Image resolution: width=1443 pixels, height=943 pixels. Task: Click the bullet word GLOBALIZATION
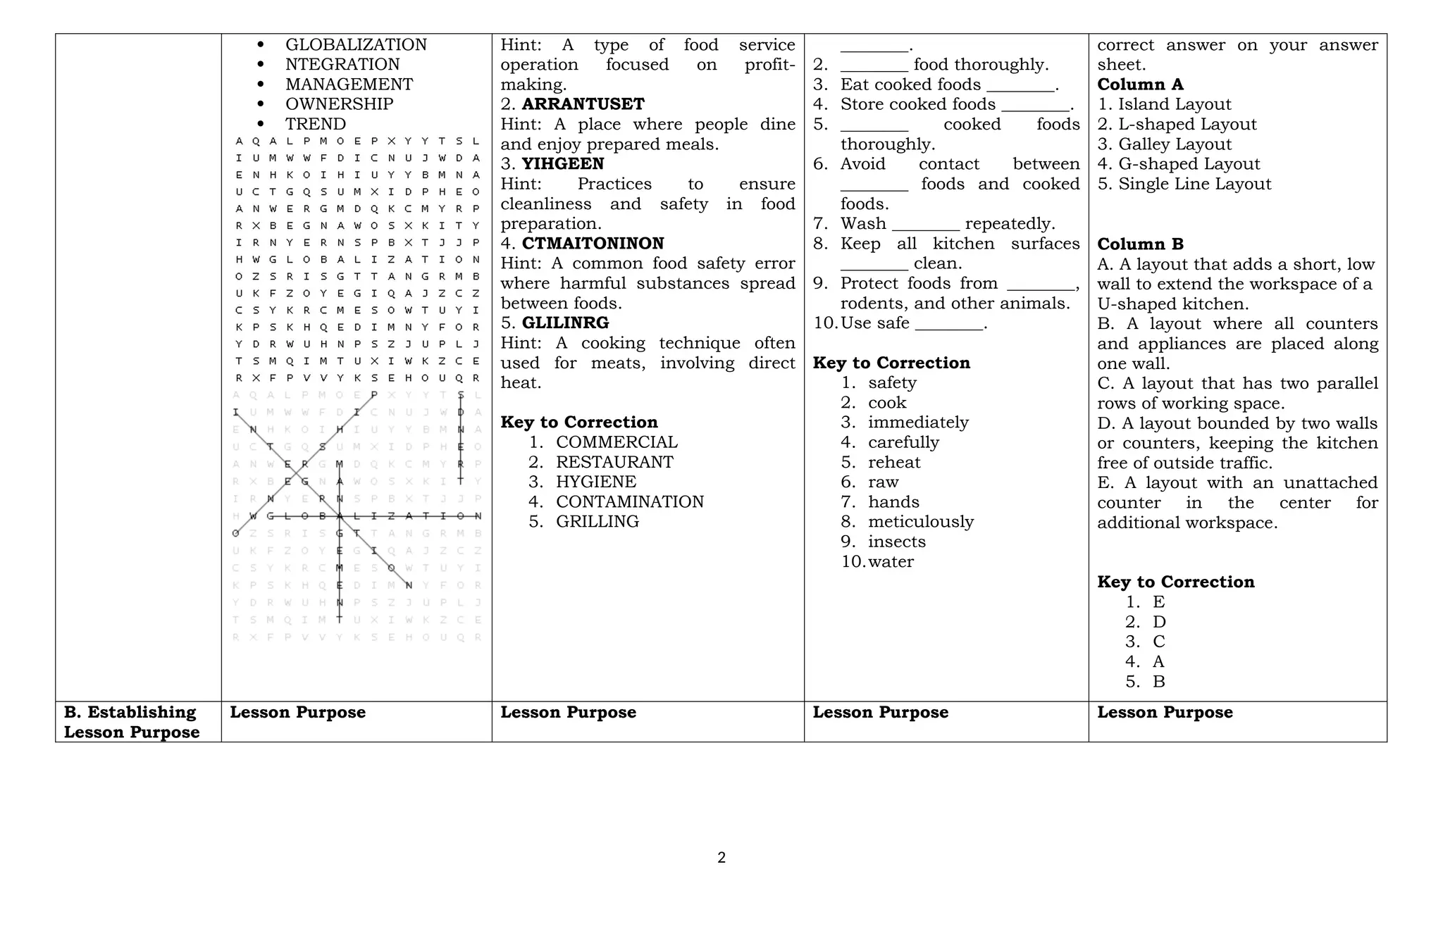coord(356,45)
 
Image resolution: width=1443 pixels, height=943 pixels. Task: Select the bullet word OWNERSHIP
coord(339,104)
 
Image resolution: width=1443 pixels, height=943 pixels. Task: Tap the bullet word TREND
coord(315,124)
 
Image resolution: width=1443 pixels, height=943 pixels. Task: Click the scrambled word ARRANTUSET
coord(583,104)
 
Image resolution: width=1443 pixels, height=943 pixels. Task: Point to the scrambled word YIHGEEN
coord(562,164)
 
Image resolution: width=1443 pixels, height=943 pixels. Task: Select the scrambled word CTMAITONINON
coord(593,244)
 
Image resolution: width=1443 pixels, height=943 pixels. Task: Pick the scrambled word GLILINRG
coord(565,323)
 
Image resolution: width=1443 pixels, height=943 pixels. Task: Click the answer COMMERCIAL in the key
coord(617,442)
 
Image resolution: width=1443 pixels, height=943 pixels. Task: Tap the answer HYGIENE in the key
coord(596,482)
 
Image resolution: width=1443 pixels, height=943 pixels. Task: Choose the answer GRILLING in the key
coord(597,522)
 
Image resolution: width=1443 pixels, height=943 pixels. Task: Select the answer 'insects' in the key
coord(896,542)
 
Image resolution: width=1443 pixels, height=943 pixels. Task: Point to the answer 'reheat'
coord(894,462)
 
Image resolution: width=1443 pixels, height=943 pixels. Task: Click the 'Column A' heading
coord(1140,85)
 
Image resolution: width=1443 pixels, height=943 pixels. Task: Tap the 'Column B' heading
coord(1140,244)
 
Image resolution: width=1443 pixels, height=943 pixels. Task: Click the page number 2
coord(721,858)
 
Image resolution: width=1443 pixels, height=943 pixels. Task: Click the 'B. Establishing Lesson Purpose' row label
coord(132,722)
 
